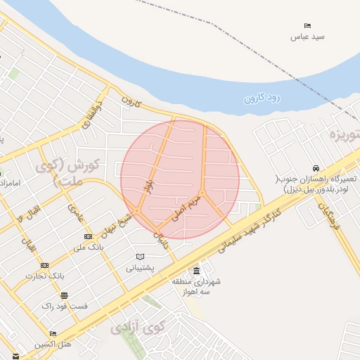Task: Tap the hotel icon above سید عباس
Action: [307, 25]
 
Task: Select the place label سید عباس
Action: [307, 36]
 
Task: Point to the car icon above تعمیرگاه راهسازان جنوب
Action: [317, 168]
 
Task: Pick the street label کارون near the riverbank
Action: [131, 103]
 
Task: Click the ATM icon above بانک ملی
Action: [88, 236]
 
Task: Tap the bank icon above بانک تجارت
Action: [45, 265]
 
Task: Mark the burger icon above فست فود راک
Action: [64, 295]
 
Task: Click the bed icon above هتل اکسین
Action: [53, 334]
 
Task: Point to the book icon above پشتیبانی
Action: [140, 256]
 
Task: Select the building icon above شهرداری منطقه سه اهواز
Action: [195, 271]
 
